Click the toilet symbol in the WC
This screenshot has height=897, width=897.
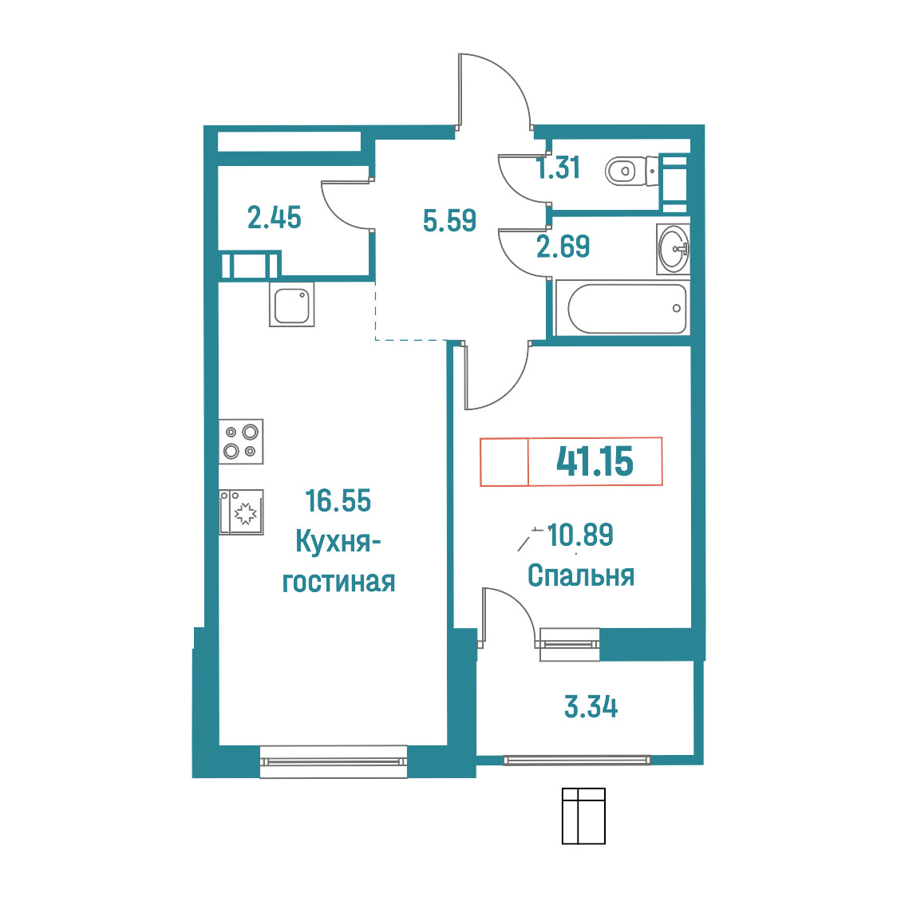click(631, 171)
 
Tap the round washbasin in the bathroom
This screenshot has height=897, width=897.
click(674, 249)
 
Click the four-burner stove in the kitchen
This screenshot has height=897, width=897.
click(241, 441)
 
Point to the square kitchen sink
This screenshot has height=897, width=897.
click(292, 305)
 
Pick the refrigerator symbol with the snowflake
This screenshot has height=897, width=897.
click(241, 512)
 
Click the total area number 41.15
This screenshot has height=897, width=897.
click(595, 461)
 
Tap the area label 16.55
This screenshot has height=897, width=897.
click(338, 500)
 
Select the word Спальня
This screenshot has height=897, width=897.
click(581, 575)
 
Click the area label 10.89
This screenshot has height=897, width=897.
click(581, 535)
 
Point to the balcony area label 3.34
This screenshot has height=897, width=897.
click(591, 707)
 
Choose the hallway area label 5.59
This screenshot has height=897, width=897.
click(449, 220)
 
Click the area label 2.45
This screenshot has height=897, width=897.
click(274, 218)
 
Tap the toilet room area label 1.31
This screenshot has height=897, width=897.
click(559, 168)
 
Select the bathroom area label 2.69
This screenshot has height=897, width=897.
click(563, 247)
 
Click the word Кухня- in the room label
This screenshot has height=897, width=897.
click(338, 541)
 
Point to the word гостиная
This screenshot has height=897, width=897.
click(338, 582)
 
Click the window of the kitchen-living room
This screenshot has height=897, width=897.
click(334, 761)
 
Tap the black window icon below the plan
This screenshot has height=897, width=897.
click(583, 816)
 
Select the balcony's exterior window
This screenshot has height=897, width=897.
click(577, 761)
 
